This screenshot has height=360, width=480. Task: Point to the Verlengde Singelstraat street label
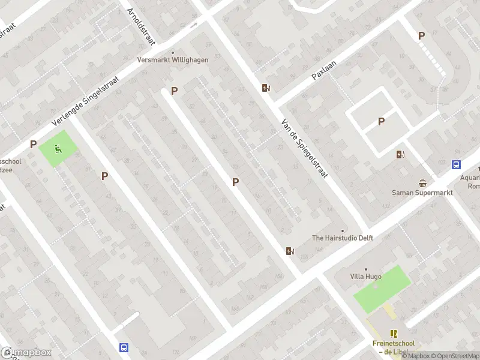86,101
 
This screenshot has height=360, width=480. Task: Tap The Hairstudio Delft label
343,238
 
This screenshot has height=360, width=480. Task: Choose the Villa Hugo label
366,276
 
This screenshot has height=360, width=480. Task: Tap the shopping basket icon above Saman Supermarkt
423,183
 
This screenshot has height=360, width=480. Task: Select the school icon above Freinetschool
394,334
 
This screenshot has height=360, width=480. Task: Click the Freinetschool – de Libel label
394,347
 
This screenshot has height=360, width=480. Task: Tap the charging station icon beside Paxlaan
266,88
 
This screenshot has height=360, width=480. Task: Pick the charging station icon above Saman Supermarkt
400,154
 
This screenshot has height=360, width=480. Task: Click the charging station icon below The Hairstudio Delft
290,251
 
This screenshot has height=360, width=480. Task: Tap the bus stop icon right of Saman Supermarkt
456,165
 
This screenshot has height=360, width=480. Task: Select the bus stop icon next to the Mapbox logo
124,347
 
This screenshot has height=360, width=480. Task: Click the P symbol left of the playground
34,144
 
